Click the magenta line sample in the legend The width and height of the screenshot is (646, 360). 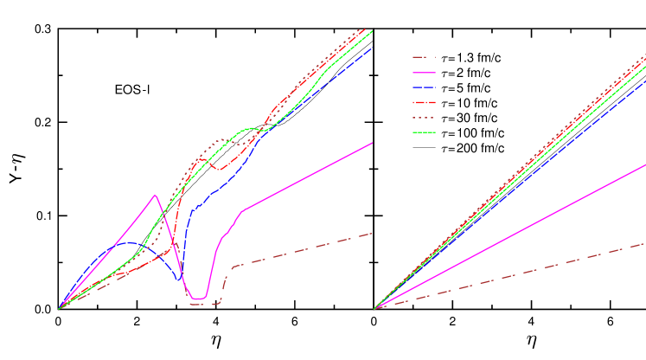tap(424, 73)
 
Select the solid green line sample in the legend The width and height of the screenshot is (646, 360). tap(424, 132)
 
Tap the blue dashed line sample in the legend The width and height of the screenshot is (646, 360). tap(424, 87)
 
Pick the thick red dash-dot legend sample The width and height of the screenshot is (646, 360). tap(424, 102)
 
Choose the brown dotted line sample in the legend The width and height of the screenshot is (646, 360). tap(424, 117)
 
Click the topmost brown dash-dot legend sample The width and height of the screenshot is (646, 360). tap(424, 57)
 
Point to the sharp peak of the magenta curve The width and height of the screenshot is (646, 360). tap(155, 195)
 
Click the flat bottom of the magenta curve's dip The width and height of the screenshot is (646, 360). tap(198, 299)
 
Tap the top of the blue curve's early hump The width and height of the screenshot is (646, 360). tap(130, 243)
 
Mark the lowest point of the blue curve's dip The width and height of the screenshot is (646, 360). tap(180, 280)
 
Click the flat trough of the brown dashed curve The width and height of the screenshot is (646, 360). tap(204, 305)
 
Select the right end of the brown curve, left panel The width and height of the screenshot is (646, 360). tap(372, 234)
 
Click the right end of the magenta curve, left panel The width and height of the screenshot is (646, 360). tap(372, 144)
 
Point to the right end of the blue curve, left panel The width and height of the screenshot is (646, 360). tap(372, 48)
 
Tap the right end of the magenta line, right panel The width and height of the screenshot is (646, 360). tap(645, 164)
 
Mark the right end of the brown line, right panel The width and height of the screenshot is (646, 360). tap(645, 243)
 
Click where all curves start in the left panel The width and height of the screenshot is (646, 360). tap(59, 308)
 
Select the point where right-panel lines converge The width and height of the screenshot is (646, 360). tap(374, 308)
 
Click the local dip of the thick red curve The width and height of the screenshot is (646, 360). tap(221, 169)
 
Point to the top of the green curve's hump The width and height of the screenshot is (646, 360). tap(252, 128)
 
